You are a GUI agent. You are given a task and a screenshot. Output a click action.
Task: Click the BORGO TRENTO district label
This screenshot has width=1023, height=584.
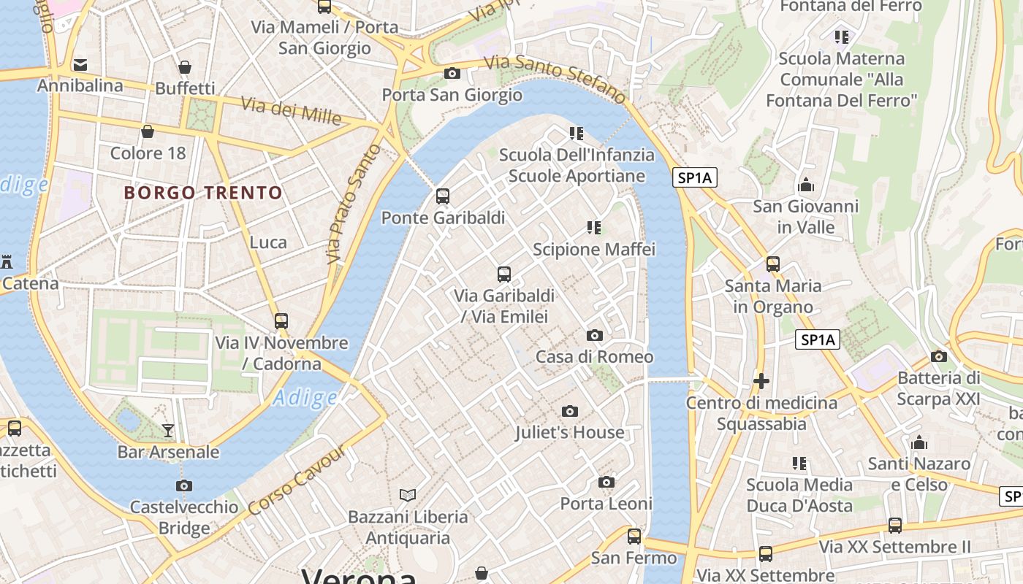click(x=203, y=193)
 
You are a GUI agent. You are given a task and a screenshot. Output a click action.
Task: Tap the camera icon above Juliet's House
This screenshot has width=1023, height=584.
click(x=570, y=411)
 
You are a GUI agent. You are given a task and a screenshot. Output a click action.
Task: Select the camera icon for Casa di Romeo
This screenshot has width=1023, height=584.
click(x=595, y=335)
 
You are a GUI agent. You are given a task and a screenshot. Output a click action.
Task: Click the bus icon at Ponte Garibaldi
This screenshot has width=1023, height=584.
click(x=443, y=196)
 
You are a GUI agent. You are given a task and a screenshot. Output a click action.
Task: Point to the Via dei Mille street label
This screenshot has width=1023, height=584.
click(x=291, y=110)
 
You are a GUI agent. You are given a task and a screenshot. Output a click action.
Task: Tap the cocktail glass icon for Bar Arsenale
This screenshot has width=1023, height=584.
click(x=168, y=430)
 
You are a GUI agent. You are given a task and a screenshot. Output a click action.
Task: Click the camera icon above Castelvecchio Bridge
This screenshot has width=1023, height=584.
click(x=184, y=485)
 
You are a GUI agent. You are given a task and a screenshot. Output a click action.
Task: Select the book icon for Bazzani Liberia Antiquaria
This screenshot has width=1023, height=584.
click(x=408, y=495)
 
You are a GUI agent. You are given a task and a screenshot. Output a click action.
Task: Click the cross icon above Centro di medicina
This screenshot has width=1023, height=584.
click(x=761, y=381)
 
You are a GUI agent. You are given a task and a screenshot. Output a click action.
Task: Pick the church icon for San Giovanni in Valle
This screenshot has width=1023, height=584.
click(x=806, y=185)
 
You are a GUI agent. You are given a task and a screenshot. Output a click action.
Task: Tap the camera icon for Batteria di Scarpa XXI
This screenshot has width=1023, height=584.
click(x=939, y=356)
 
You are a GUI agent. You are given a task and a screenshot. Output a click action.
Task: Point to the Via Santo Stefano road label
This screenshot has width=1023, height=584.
click(x=555, y=78)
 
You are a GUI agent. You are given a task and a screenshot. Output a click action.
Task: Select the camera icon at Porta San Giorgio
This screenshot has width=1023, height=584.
click(x=452, y=73)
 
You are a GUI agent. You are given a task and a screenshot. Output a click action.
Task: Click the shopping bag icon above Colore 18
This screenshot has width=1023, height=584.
click(x=148, y=131)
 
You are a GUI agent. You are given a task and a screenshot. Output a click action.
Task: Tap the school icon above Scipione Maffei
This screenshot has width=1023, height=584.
click(x=594, y=228)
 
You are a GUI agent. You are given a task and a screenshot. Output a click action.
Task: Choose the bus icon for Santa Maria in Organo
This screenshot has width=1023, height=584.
click(x=773, y=264)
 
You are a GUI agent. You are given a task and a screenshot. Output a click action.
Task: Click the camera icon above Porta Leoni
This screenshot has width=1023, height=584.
click(x=606, y=482)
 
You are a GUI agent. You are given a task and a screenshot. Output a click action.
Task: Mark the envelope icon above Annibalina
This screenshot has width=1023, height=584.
click(x=80, y=65)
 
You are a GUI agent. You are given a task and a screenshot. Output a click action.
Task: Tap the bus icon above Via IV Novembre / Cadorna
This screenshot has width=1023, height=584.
click(x=281, y=320)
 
